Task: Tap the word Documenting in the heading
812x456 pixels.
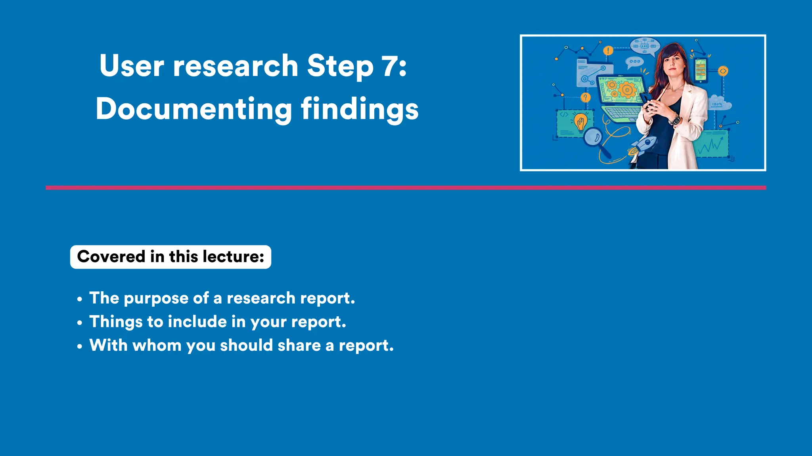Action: tap(193, 109)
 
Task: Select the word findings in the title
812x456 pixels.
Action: tap(360, 109)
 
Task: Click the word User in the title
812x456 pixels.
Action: tap(131, 66)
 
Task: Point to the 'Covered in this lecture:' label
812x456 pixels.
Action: tap(170, 257)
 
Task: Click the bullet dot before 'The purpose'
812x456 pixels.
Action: tap(80, 299)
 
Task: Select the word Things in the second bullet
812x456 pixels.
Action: tap(115, 322)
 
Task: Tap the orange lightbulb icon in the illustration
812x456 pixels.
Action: tap(581, 122)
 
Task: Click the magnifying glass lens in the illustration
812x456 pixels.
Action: tap(593, 137)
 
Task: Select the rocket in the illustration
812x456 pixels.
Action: tap(643, 145)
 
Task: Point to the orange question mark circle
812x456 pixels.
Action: tap(585, 97)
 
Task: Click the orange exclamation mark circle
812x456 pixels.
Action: tap(608, 51)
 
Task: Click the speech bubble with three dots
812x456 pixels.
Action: tap(634, 62)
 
